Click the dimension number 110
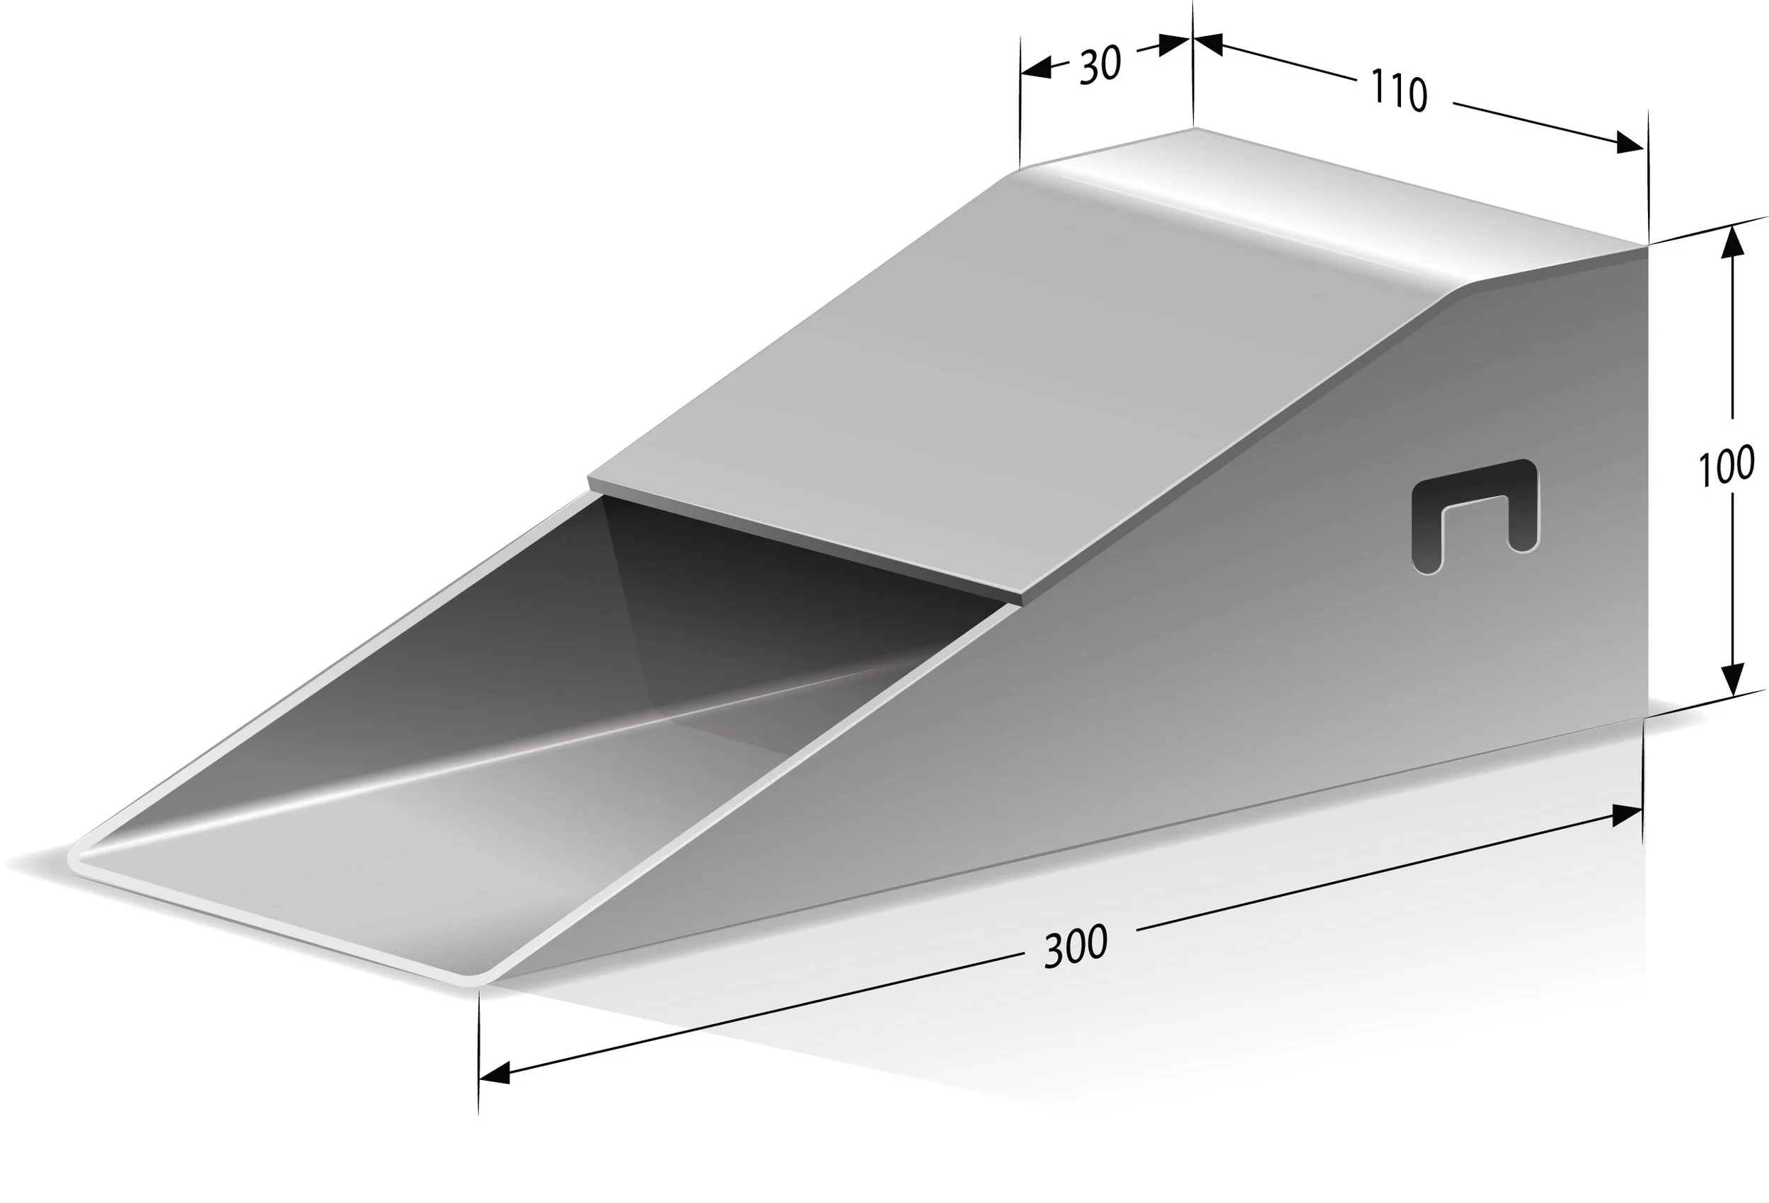1399,91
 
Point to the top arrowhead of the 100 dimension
1732,243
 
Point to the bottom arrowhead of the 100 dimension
1732,680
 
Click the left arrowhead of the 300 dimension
495,1074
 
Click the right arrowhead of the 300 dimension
1627,816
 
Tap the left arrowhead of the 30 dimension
1035,67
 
